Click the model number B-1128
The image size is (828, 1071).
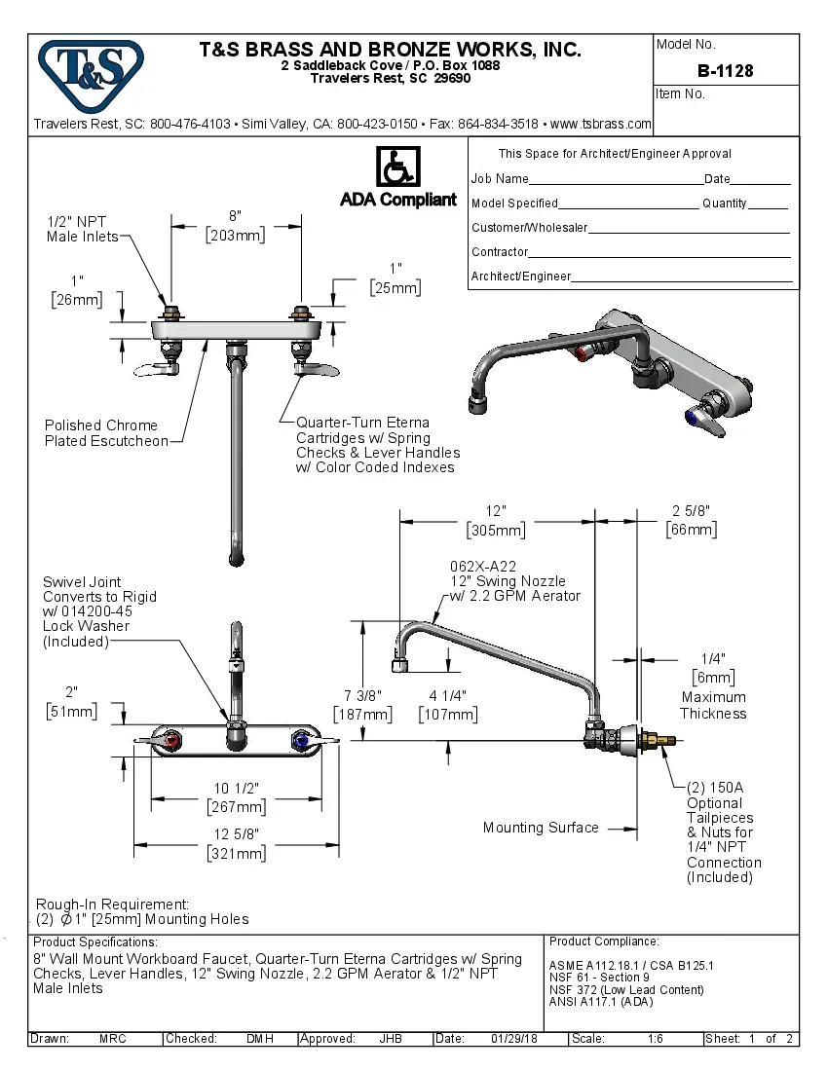pyautogui.click(x=725, y=71)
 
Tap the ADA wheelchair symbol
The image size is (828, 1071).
pyautogui.click(x=397, y=167)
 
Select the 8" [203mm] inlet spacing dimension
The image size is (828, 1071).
pyautogui.click(x=235, y=225)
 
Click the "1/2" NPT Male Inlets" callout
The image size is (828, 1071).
pyautogui.click(x=83, y=229)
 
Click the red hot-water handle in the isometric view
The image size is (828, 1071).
pyautogui.click(x=584, y=351)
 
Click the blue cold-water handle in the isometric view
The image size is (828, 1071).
pyautogui.click(x=696, y=419)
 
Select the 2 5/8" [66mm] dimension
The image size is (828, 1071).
pyautogui.click(x=691, y=520)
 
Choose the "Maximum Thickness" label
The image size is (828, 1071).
pyautogui.click(x=713, y=705)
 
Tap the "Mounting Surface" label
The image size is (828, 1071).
pyautogui.click(x=541, y=828)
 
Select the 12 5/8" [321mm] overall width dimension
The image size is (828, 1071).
pyautogui.click(x=236, y=843)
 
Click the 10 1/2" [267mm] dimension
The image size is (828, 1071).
pyautogui.click(x=236, y=797)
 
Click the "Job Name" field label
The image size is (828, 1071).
pyautogui.click(x=500, y=179)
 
